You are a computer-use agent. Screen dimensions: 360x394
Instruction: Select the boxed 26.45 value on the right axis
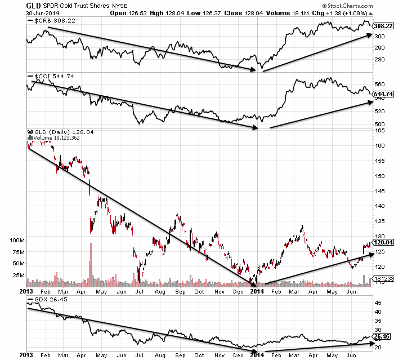point(381,336)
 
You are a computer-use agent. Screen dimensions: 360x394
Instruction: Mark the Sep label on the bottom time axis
point(180,292)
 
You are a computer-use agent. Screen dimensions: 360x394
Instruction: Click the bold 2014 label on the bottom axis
point(256,292)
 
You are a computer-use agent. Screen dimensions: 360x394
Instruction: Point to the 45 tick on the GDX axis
point(378,303)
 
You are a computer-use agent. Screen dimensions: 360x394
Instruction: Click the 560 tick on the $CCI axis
point(380,84)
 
